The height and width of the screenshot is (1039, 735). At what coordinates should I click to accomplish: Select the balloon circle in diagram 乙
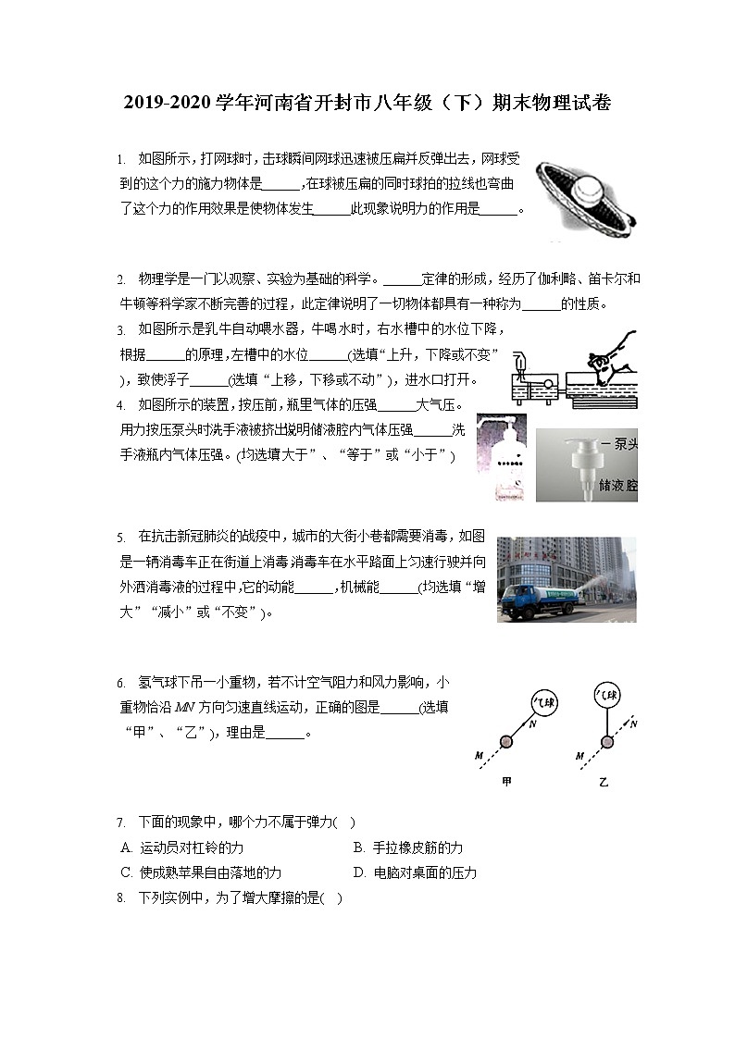606,696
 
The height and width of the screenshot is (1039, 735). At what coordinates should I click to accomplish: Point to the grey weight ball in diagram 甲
506,741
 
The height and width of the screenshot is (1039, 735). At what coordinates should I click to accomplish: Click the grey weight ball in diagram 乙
606,742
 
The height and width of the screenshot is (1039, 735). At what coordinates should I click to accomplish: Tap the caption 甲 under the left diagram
506,782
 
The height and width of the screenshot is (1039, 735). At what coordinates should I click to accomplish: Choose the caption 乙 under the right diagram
604,782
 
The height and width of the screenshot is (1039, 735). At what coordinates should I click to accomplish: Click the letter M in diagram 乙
579,756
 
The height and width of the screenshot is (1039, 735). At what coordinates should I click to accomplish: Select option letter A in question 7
126,847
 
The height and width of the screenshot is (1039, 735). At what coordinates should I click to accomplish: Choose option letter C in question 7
126,872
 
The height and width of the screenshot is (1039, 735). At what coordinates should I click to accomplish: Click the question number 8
121,897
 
